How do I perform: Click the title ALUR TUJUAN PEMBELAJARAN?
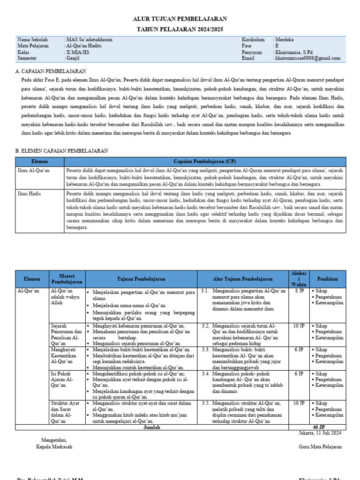[x=180, y=19]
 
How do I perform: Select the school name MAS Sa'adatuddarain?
[x=90, y=40]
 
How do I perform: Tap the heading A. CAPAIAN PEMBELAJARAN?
[x=51, y=71]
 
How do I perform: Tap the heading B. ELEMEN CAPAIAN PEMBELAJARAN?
[x=61, y=151]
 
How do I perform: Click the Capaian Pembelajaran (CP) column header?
[x=205, y=161]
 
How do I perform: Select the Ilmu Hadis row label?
[x=30, y=193]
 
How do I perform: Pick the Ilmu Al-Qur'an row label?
[x=33, y=170]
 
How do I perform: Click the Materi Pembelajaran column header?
[x=67, y=279]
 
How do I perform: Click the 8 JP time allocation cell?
[x=299, y=291]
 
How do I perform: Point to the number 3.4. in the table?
[x=205, y=374]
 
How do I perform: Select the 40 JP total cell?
[x=318, y=427]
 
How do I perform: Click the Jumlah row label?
[x=151, y=427]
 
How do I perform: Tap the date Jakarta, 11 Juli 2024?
[x=320, y=433]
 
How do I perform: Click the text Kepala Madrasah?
[x=54, y=447]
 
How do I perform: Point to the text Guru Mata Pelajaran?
[x=320, y=447]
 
